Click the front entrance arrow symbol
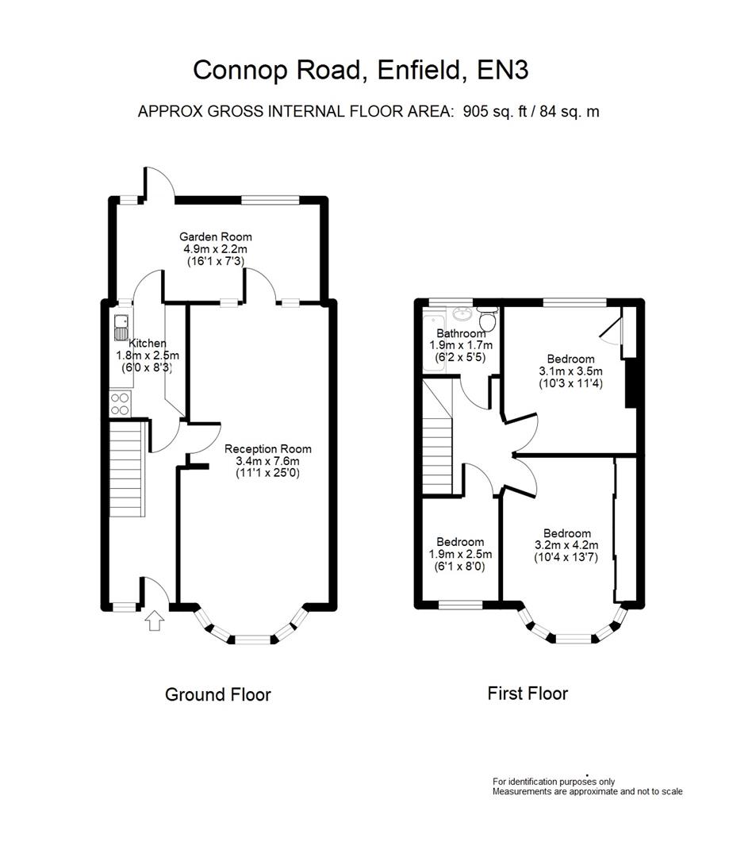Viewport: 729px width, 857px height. (x=155, y=621)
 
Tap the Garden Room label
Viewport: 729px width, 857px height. (x=215, y=236)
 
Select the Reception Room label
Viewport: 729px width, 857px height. (x=267, y=448)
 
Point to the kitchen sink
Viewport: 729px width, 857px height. (x=121, y=325)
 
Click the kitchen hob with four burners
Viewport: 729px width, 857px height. (x=121, y=404)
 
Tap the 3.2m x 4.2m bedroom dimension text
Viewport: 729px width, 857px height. (x=566, y=545)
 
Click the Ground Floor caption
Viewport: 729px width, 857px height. (x=217, y=695)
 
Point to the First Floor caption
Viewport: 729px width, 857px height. (x=527, y=694)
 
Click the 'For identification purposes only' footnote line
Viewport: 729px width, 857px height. (x=553, y=782)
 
